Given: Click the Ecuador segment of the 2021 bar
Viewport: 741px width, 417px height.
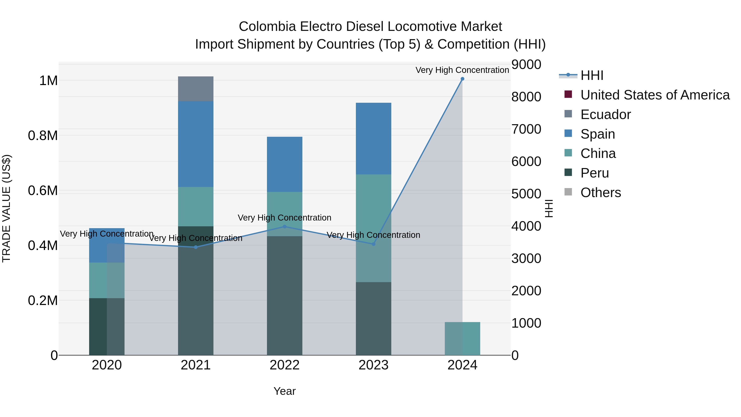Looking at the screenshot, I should tap(196, 89).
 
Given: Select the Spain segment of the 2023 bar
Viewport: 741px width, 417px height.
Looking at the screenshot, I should tap(373, 138).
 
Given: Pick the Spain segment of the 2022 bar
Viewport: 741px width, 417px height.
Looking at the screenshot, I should tap(284, 164).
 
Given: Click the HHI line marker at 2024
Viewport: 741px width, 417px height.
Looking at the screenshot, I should tap(462, 79).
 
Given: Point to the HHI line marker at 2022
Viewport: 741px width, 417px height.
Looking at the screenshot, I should tap(284, 227).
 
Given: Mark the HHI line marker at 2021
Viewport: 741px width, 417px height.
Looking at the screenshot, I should tap(196, 247).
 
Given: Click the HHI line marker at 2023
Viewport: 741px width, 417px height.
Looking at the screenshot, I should tap(373, 244).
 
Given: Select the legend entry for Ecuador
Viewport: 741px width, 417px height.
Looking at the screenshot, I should tap(605, 114).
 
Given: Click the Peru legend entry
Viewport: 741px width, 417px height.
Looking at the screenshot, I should tap(594, 173).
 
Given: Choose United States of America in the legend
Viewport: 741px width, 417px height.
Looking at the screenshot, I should tap(655, 95).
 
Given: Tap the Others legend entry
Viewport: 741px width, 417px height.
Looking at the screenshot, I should tap(600, 193).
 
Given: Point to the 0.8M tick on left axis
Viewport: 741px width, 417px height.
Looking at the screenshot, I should tap(43, 135).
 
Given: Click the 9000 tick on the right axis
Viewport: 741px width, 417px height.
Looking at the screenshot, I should tap(526, 64).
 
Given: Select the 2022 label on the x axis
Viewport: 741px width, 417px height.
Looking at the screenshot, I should tap(284, 365).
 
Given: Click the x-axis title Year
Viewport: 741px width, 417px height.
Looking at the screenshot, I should tap(284, 391).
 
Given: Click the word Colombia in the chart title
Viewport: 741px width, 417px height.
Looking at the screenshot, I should tap(267, 27).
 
